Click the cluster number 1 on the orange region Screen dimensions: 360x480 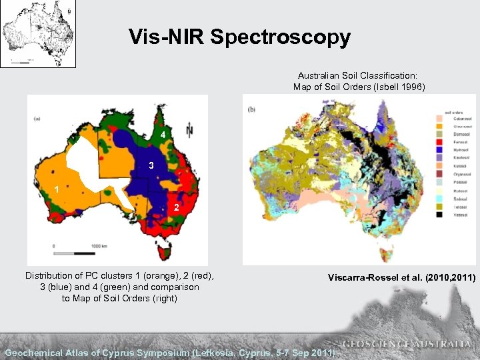(x=57, y=189)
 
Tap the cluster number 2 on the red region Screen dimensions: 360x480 (x=176, y=209)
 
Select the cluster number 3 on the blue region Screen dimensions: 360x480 (x=151, y=165)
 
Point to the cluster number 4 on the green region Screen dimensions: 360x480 (x=162, y=135)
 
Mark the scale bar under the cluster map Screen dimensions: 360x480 (x=75, y=253)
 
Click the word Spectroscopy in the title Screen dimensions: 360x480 (x=280, y=37)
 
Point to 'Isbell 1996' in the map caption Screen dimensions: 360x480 (x=397, y=87)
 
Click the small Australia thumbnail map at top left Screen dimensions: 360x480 (x=38, y=33)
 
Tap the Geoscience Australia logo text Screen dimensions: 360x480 (x=407, y=344)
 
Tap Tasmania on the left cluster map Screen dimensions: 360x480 (x=169, y=253)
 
